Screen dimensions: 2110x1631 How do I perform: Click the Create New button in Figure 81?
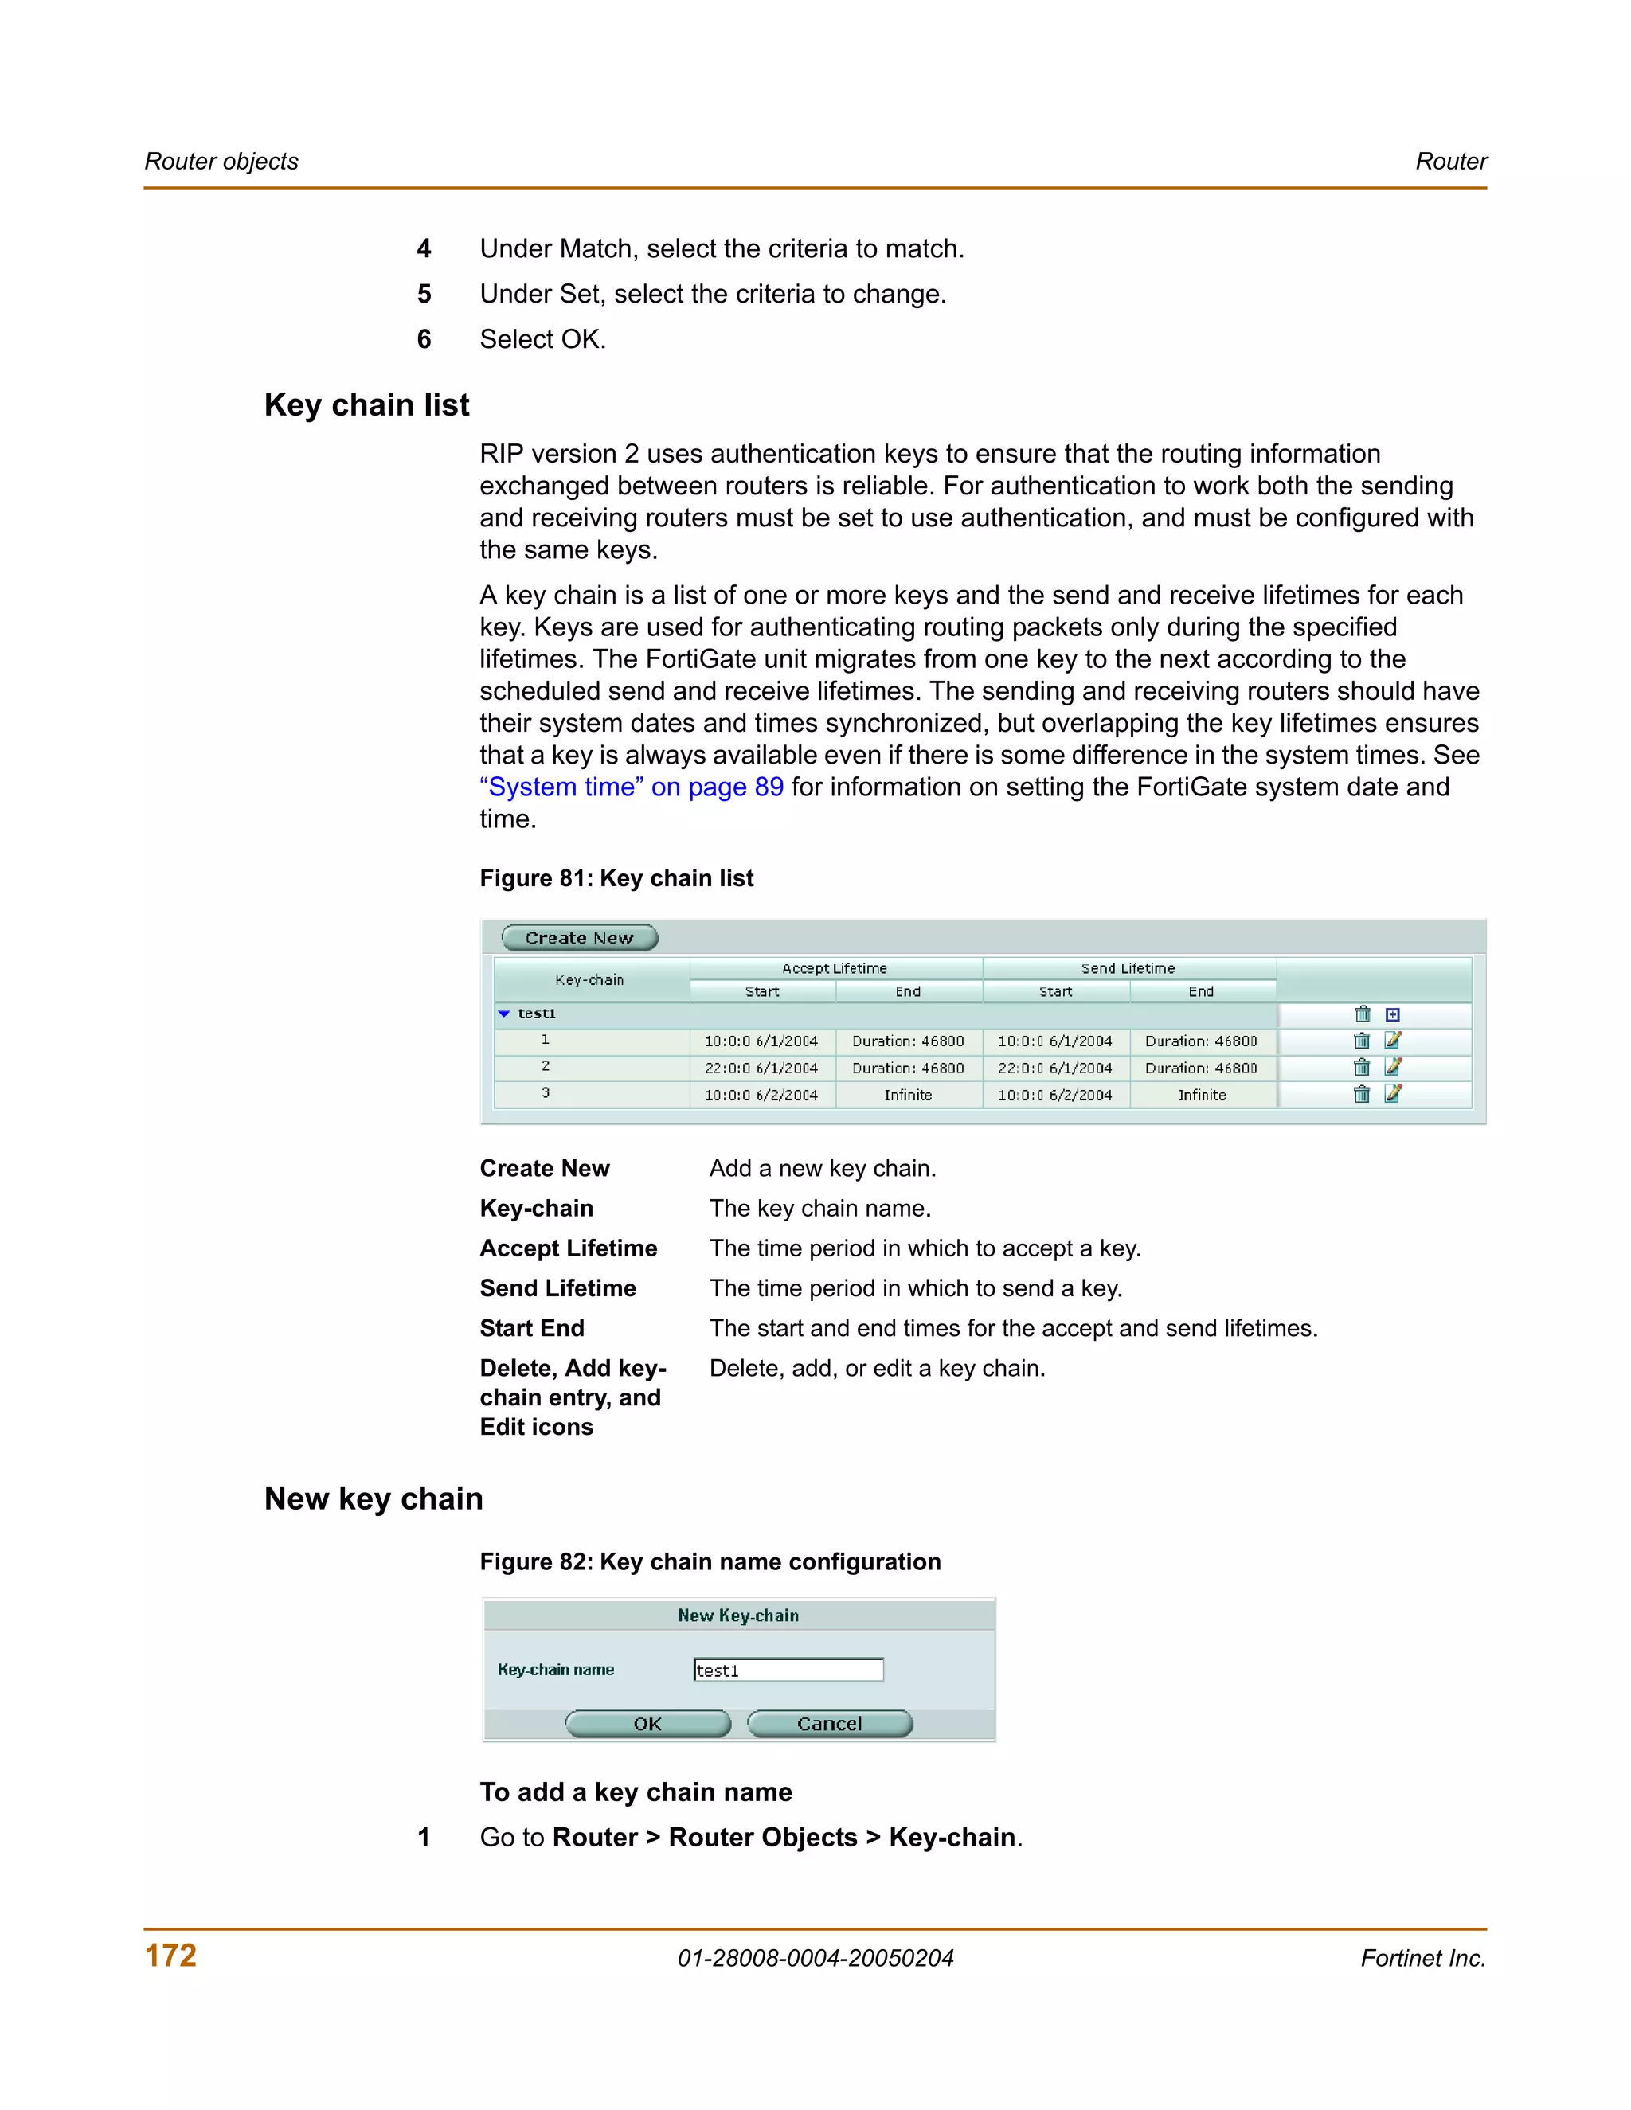pos(580,937)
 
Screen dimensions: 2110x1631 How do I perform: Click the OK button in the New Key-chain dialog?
pos(647,1724)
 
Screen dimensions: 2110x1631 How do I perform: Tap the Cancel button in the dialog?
pos(829,1724)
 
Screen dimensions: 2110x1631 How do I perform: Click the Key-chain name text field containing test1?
pos(788,1670)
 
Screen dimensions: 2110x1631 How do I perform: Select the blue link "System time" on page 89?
pos(631,787)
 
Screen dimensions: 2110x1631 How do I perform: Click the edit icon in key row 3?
pos(1392,1094)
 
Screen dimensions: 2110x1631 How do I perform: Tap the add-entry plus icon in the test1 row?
pos(1392,1014)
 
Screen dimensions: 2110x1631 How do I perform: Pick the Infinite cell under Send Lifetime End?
pos(1201,1095)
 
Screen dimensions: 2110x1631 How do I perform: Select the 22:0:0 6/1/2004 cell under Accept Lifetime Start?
pos(761,1068)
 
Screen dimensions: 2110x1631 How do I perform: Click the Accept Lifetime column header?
pos(834,968)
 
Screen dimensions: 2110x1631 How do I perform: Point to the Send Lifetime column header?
pos(1128,968)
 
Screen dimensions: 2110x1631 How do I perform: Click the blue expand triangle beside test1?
pos(503,1014)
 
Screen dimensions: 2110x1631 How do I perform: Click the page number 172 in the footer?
pos(171,1956)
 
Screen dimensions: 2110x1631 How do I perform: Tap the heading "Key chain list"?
pos(366,404)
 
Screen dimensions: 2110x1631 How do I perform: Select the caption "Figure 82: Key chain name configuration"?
pos(710,1562)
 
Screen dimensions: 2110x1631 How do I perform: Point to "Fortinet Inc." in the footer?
pos(1422,1959)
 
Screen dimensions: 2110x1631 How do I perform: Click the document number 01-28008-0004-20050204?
pos(815,1959)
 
